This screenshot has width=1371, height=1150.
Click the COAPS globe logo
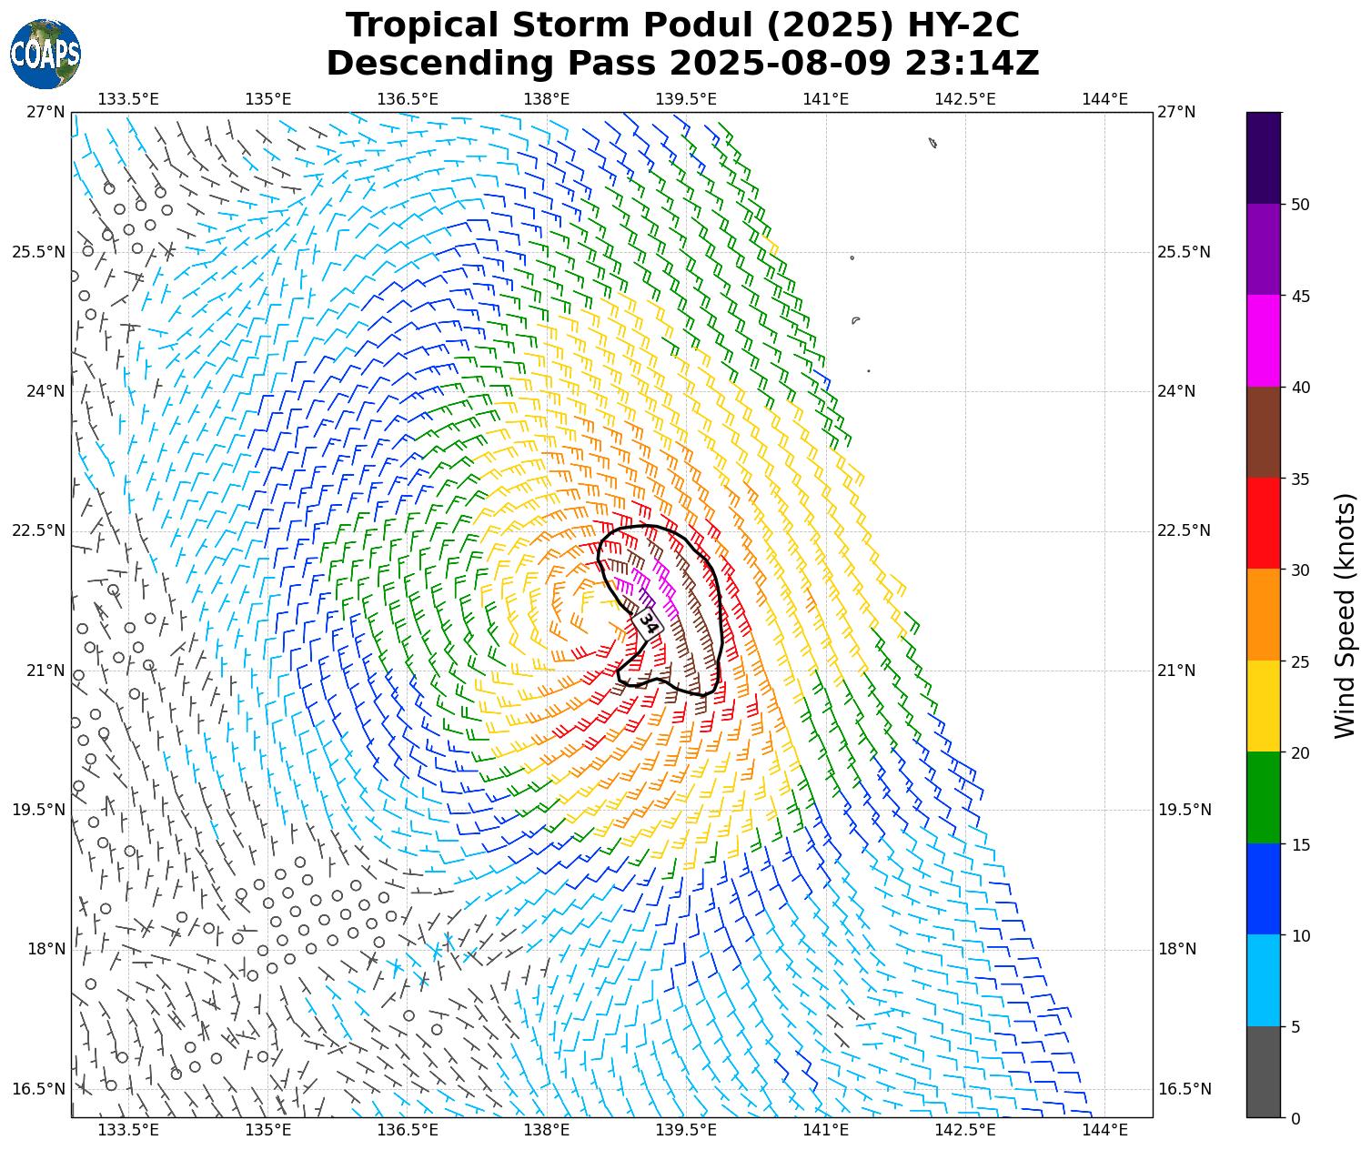tap(45, 55)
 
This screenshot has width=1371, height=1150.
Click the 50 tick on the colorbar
tap(1300, 205)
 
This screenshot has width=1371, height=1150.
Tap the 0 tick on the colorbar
tap(1295, 1118)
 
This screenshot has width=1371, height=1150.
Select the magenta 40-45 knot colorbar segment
tap(1263, 341)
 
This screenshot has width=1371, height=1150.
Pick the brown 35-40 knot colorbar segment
tap(1263, 432)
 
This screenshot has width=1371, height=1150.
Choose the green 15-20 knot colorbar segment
tap(1263, 798)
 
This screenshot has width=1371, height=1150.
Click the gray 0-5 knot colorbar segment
tap(1263, 1072)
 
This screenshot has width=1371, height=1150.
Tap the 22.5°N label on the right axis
tap(1184, 531)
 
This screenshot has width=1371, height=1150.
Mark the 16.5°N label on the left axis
tap(38, 1089)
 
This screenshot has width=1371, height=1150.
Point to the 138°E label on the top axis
tap(547, 99)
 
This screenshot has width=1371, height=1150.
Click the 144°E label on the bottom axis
tap(1105, 1131)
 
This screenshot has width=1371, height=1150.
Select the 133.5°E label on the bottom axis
tap(128, 1131)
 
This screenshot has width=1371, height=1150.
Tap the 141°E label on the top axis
tap(826, 99)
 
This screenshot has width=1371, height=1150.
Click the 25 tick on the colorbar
tap(1300, 661)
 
